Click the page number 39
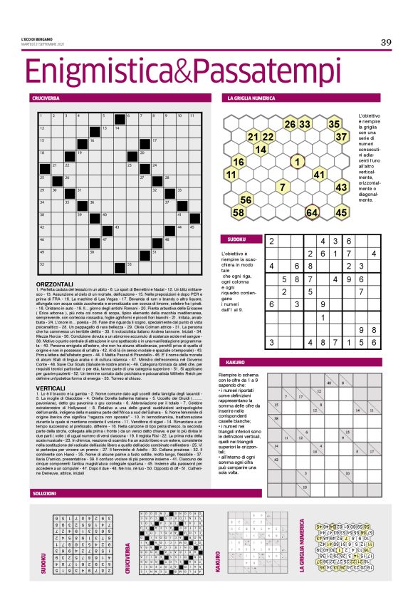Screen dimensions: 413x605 tap(386, 42)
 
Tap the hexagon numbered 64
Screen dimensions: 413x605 tap(311, 212)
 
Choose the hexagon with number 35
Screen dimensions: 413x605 tap(333, 124)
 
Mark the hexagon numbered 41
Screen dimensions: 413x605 tap(319, 174)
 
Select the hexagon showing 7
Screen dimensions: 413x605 tap(282, 187)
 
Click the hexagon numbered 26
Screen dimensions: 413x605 tap(289, 124)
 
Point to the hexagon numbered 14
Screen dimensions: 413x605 tap(260, 149)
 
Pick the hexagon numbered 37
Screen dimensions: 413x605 tap(341, 136)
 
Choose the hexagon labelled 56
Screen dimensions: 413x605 tap(245, 200)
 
